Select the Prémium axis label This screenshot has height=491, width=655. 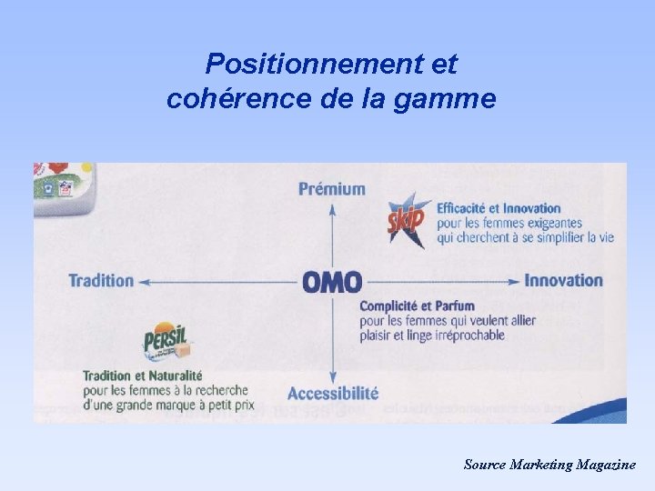click(332, 189)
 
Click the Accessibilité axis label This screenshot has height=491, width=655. click(333, 393)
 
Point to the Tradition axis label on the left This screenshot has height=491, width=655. click(101, 280)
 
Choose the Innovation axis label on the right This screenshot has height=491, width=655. click(563, 280)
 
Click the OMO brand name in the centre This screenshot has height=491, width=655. click(332, 282)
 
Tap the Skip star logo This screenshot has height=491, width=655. click(407, 218)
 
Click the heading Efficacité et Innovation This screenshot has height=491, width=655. click(499, 208)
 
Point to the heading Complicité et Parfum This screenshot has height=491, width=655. click(417, 306)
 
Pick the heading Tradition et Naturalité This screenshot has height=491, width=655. click(142, 376)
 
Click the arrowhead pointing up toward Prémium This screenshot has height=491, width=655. click(333, 207)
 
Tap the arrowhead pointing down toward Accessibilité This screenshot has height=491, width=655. click(333, 376)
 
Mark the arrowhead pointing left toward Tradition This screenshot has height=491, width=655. click(144, 282)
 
